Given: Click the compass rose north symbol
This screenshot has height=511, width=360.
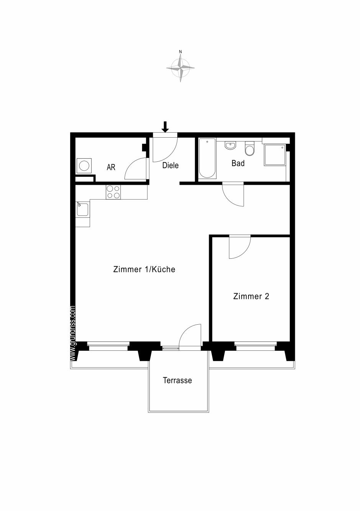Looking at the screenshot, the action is [180, 66].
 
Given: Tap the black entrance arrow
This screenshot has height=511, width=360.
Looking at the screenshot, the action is [165, 127].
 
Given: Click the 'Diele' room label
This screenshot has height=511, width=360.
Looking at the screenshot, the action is [170, 165].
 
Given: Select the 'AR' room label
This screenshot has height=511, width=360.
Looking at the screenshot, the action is [111, 168].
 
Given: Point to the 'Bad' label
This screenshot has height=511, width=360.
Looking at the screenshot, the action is [238, 163].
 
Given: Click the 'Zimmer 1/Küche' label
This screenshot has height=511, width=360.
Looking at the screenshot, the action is [144, 269].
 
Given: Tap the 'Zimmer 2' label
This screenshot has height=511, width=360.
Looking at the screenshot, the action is [251, 296].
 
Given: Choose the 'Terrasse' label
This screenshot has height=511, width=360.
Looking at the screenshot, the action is [177, 380].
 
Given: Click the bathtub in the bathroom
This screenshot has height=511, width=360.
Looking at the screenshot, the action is [207, 158].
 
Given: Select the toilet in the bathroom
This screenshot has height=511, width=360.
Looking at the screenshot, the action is [250, 148].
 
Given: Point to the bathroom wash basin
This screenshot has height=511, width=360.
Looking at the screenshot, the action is [231, 145].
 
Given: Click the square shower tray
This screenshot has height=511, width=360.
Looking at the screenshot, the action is [275, 154].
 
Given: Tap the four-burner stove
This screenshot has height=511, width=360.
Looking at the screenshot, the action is [113, 192].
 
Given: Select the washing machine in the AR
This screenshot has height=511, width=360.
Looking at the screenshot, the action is [84, 166].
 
